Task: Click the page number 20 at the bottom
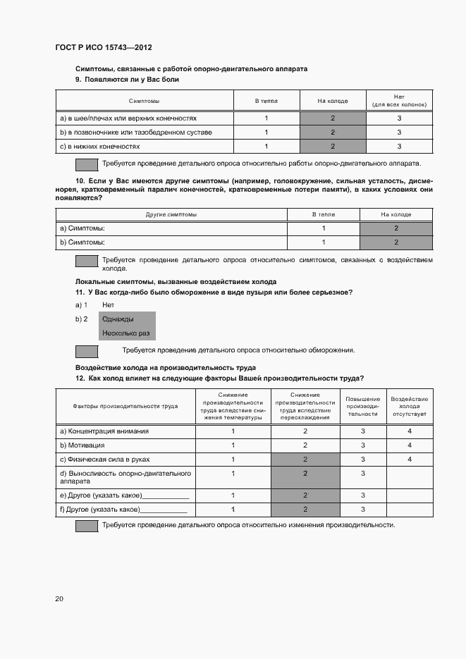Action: (59, 598)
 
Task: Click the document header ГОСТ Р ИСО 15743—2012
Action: (104, 47)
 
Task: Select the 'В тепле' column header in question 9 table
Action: (266, 101)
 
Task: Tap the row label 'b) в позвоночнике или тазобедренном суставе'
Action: (136, 132)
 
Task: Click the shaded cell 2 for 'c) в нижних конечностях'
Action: (333, 146)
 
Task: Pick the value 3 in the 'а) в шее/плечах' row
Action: (399, 118)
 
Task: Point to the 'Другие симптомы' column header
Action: (171, 214)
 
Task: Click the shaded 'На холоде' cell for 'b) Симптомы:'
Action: (396, 242)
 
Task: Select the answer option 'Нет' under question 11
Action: (108, 304)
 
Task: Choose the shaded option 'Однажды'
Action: (118, 319)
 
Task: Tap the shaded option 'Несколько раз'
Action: (125, 333)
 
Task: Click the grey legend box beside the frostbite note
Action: (87, 350)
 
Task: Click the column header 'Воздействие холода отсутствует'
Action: (409, 406)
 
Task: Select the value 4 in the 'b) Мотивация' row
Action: (409, 445)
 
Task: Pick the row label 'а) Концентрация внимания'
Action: (104, 431)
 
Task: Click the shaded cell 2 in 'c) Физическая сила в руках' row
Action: (305, 459)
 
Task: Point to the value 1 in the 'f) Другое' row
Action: (233, 509)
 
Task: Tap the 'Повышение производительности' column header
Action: (362, 406)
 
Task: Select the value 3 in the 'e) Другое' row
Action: (362, 495)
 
